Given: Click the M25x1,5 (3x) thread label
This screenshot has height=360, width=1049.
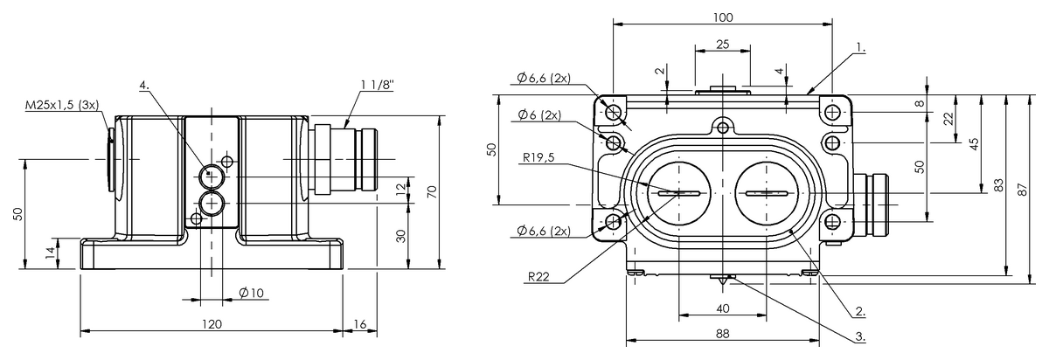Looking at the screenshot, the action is tap(62, 105).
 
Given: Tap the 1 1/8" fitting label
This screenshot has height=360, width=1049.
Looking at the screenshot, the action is tap(378, 86).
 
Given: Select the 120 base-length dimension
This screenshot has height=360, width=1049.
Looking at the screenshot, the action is tap(212, 324).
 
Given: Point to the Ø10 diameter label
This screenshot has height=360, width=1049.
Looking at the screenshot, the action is tap(252, 293).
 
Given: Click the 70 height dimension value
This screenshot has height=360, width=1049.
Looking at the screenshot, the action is tap(432, 192).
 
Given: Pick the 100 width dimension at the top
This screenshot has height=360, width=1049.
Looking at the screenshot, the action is tap(723, 17).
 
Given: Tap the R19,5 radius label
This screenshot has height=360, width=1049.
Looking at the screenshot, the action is tap(538, 157).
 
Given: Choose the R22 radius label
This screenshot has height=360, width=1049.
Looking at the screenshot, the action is tap(538, 277).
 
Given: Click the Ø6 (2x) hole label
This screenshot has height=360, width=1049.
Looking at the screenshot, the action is tap(539, 114).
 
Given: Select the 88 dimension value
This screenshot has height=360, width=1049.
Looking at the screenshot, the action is tap(723, 334).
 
